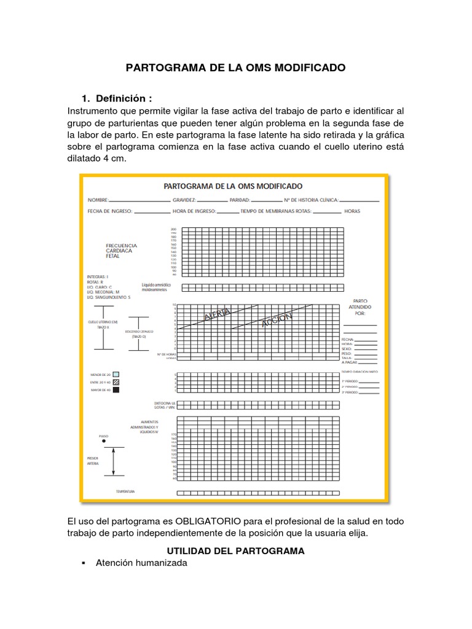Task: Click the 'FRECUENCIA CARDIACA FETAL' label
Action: coord(122,251)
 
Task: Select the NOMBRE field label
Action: coord(98,200)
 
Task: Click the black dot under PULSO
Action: coord(103,441)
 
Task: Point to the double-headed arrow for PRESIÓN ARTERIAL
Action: coord(112,461)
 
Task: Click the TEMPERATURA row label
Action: coord(125,492)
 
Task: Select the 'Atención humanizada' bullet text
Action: coord(141,563)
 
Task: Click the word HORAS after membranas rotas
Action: coord(352,211)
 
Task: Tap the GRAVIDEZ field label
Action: coord(184,200)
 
